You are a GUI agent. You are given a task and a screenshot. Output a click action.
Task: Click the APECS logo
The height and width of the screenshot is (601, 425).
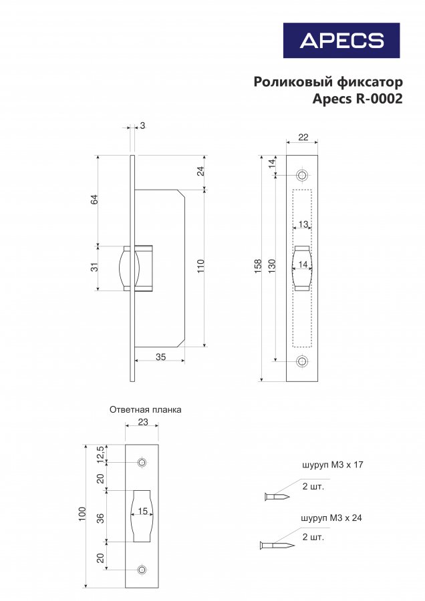tap(341, 40)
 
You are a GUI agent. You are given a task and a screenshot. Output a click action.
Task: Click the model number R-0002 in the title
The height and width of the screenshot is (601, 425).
tap(380, 99)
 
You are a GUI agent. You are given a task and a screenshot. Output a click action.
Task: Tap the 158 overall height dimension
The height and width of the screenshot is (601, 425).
tap(258, 266)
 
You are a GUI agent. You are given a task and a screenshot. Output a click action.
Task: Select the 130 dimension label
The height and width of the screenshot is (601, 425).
tap(271, 266)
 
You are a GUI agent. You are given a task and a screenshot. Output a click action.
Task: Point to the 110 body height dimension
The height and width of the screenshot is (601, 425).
tap(201, 266)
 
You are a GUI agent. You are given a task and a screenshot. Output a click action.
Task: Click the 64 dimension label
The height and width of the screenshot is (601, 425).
tap(94, 199)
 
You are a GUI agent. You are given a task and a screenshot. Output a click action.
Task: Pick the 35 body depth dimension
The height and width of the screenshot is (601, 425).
tap(161, 357)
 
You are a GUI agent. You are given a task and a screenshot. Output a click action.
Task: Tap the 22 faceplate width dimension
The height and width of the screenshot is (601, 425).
tap(303, 137)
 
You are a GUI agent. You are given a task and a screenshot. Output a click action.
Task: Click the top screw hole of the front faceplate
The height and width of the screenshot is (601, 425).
tap(302, 176)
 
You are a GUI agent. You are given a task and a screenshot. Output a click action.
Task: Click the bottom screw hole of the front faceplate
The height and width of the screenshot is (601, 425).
tap(302, 361)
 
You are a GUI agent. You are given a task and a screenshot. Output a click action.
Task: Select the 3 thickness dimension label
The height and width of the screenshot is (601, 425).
tap(143, 126)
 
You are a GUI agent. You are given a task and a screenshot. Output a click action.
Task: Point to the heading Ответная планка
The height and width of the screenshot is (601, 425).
tap(146, 410)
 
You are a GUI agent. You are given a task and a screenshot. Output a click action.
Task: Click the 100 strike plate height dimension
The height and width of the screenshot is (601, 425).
tap(82, 514)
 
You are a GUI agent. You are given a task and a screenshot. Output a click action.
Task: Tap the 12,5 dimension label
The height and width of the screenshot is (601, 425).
tap(100, 455)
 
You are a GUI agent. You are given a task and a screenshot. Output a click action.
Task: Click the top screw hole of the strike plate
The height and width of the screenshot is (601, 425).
tap(142, 462)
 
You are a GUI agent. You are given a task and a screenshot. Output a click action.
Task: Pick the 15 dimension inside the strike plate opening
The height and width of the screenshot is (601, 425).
tap(143, 512)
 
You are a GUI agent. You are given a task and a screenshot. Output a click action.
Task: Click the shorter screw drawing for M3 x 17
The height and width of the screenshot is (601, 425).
tap(277, 497)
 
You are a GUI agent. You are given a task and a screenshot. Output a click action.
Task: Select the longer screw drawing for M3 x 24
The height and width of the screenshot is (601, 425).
tap(277, 545)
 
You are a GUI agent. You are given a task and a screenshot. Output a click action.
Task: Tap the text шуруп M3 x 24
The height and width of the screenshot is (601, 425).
tap(331, 518)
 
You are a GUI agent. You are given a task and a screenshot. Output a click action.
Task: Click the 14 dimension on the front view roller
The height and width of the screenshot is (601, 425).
tap(303, 264)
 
